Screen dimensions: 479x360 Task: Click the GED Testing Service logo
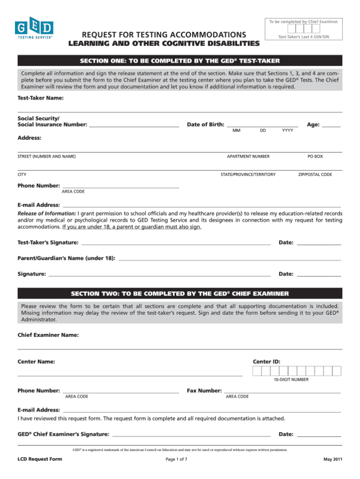click(35, 29)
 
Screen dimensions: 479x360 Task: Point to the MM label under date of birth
click(236, 130)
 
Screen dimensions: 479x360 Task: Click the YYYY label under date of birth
click(287, 130)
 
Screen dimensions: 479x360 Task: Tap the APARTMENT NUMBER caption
click(248, 156)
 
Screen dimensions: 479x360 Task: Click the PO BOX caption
click(315, 156)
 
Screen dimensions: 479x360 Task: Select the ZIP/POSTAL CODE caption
click(315, 175)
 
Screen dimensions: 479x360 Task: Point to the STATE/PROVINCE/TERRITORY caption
click(248, 175)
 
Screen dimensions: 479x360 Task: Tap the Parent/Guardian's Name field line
click(230, 259)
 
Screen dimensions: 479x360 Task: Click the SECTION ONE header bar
click(180, 61)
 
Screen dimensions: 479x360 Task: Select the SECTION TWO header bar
click(180, 294)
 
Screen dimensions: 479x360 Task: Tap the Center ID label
click(266, 362)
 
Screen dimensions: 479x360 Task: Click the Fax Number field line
click(282, 392)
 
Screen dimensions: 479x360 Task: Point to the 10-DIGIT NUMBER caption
click(291, 380)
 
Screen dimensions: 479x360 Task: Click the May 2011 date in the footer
click(332, 459)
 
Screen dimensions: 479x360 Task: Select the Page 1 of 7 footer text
click(176, 459)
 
